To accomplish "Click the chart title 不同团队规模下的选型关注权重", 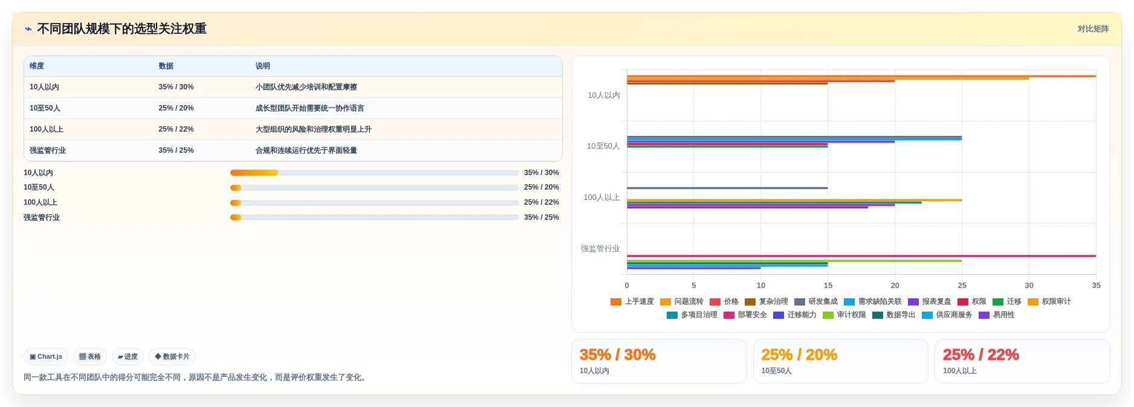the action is point(121,29).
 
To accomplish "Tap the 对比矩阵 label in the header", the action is point(1093,29).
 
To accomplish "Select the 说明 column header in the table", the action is point(262,66).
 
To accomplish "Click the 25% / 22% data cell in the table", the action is point(176,129).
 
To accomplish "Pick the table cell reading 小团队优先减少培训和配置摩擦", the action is point(306,87).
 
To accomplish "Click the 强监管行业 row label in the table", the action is point(47,150).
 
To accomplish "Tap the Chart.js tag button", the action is point(46,357).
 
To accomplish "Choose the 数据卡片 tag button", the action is point(172,357).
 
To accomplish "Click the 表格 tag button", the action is point(90,357).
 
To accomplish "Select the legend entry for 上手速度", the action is point(632,301).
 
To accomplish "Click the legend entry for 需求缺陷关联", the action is point(873,301).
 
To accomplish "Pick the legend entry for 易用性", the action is point(997,315).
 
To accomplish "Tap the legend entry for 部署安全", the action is point(745,315).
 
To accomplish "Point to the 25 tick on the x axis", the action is point(962,286).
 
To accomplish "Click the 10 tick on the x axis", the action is point(761,286).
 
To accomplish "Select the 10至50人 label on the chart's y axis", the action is point(603,146).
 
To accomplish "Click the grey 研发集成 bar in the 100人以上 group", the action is point(727,188).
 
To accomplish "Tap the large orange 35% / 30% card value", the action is point(617,354).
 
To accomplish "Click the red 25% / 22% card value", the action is point(980,354).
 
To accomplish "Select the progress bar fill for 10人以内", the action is point(254,173).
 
